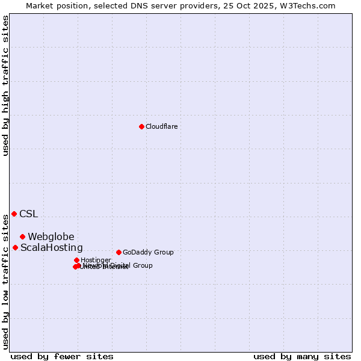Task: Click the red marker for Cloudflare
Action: point(141,126)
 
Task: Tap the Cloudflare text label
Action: point(161,126)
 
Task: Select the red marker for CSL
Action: point(14,214)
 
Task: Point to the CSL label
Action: point(28,214)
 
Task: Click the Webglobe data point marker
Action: point(22,236)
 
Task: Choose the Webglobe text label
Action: point(51,236)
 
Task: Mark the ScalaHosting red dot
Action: point(15,247)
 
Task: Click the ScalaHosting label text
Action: point(52,247)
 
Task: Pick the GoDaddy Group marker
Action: point(119,252)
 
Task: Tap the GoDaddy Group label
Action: point(148,252)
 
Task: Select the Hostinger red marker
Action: point(76,260)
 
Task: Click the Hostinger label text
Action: point(96,260)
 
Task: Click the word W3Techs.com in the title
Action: point(310,5)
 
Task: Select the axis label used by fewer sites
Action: point(62,356)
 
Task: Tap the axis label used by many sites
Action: point(302,356)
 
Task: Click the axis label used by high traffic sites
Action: point(5,85)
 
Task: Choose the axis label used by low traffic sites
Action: point(5,282)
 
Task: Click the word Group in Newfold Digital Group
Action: point(143,265)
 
